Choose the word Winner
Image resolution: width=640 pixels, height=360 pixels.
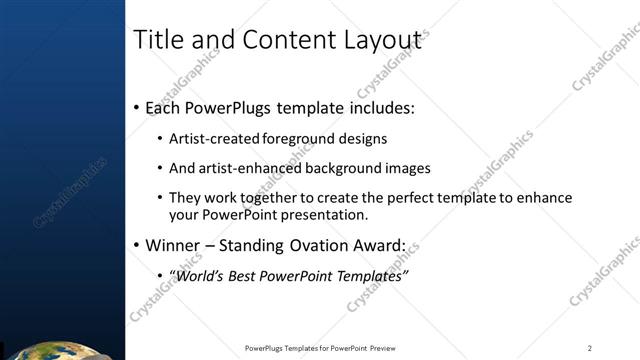coord(172,245)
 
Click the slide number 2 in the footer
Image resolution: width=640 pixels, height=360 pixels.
coord(590,348)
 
